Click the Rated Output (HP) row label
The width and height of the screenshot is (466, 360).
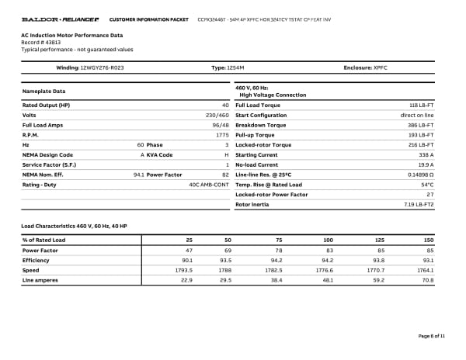(46, 105)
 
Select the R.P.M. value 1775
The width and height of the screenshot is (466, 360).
(222, 135)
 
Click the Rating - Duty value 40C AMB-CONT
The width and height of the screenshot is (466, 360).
(209, 185)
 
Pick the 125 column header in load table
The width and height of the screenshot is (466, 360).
(378, 241)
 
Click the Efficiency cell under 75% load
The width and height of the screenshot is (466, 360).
(275, 260)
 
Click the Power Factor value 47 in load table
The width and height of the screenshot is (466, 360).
(187, 251)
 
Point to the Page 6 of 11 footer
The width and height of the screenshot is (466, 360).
(432, 335)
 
